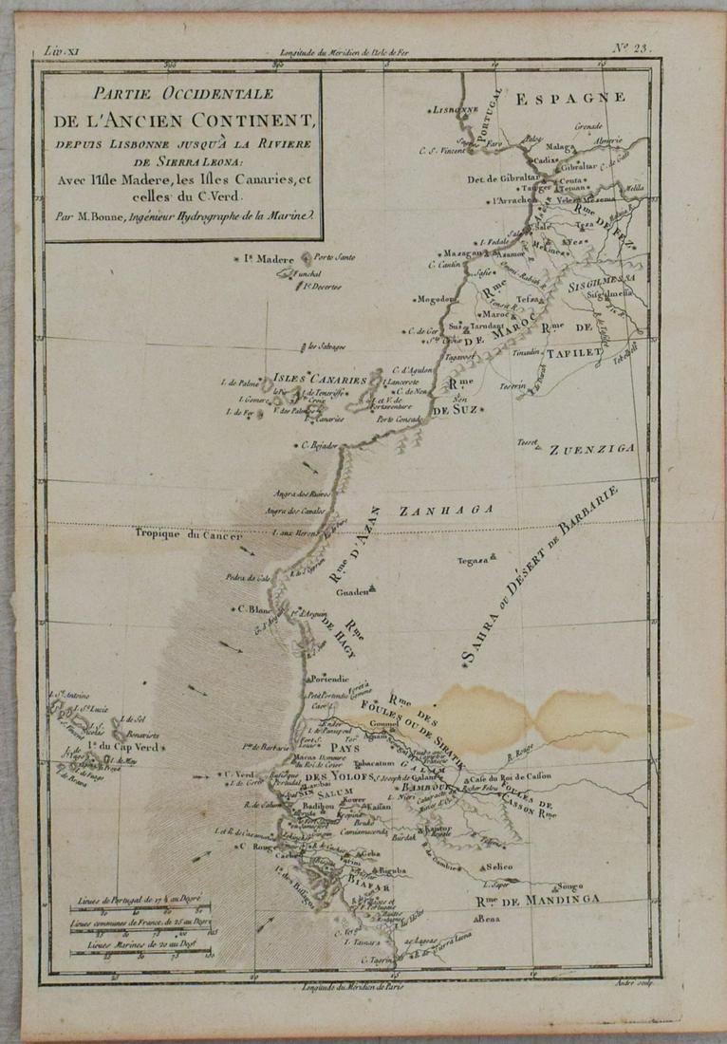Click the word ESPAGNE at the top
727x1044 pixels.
570,96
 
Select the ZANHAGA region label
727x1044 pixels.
446,511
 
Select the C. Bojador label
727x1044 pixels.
318,445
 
